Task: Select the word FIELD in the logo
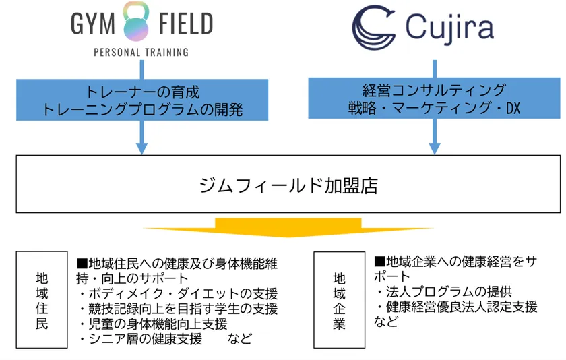(x=186, y=24)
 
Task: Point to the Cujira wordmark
(x=449, y=29)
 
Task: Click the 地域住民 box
(x=42, y=300)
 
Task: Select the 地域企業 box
(x=339, y=300)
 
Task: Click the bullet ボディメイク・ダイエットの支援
(x=178, y=294)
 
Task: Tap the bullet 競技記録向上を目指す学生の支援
(x=178, y=309)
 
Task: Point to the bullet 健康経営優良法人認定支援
(x=458, y=307)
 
